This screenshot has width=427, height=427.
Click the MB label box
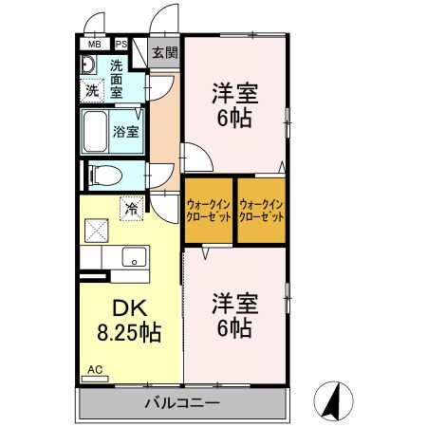(94, 44)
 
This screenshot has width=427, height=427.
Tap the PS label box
(121, 44)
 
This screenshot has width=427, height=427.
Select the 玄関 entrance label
(164, 52)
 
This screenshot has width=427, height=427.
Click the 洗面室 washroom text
(117, 81)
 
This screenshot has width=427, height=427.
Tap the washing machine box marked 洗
(92, 91)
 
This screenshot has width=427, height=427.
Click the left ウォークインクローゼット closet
(208, 210)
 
